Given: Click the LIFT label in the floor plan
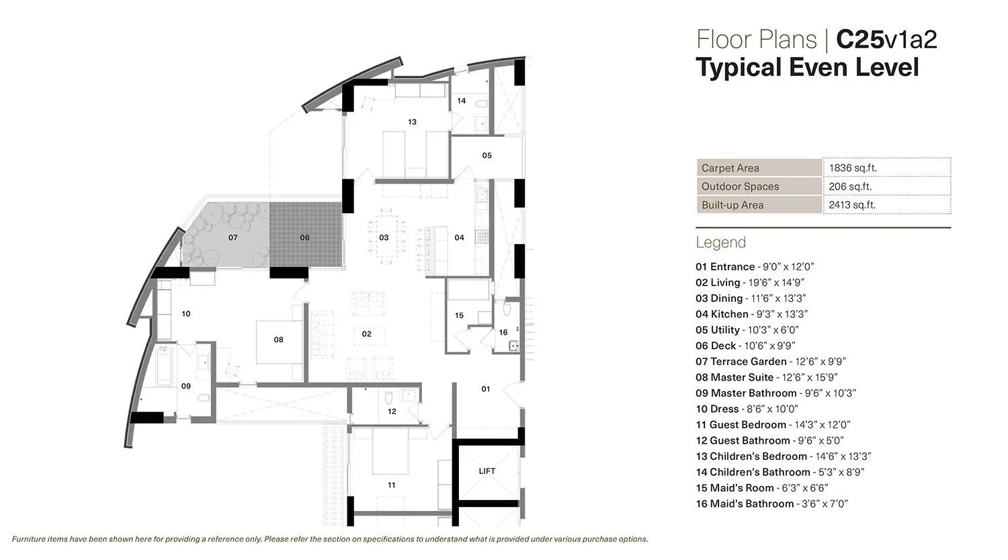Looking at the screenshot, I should [487, 471].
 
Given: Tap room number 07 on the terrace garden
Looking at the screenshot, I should [233, 238].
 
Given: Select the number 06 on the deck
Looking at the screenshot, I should [304, 238].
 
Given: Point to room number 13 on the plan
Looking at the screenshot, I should [412, 122].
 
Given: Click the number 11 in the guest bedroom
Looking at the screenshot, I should [391, 485].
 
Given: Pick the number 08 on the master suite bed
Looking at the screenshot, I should [278, 340].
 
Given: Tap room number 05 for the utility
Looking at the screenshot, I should [487, 156].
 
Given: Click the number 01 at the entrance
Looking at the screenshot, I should [486, 389].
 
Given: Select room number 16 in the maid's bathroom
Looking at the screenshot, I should [503, 333].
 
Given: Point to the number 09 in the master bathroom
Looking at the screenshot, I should [185, 387].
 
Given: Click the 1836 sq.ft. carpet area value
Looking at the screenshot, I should [853, 168].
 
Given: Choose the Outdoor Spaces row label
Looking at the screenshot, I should [740, 187].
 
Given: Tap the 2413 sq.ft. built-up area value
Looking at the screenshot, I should [852, 205].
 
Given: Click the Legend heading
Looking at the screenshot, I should [720, 243].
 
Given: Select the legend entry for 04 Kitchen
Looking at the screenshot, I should [751, 314].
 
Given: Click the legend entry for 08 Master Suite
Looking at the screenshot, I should [766, 377].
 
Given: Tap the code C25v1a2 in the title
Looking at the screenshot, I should [886, 40].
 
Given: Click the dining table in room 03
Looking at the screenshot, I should [385, 231].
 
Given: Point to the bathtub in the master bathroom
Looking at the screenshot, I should [165, 367].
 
